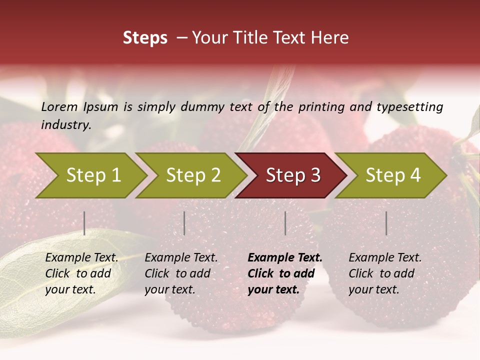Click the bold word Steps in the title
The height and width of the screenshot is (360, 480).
(145, 38)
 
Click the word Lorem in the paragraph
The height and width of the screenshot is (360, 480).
(59, 106)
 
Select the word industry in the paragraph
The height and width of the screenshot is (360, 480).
(65, 124)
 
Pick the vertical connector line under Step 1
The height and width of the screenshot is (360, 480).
(84, 223)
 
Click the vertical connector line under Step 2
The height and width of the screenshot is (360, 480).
(184, 223)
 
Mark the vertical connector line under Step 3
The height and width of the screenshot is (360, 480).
(285, 223)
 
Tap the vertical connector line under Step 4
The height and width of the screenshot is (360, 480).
(386, 223)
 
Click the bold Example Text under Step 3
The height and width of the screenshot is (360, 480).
(285, 258)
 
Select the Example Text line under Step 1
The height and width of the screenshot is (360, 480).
(81, 258)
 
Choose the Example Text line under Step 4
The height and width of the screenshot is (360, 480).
(385, 258)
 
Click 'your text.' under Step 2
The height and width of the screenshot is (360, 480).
(169, 289)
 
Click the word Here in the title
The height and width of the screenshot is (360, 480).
(331, 38)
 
